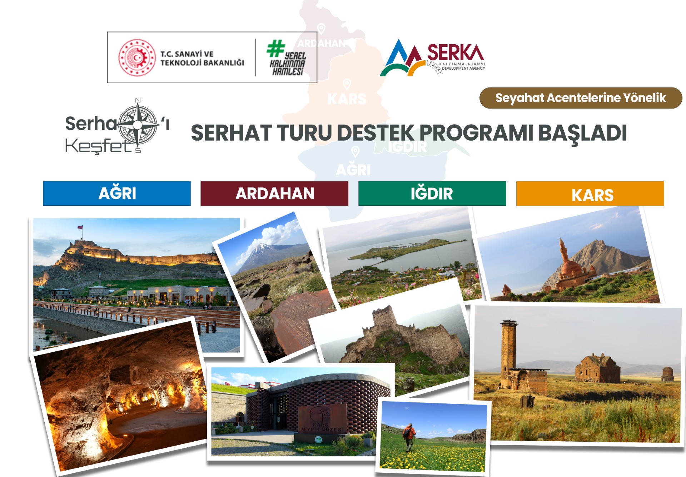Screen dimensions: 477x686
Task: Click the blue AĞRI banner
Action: pyautogui.click(x=117, y=193)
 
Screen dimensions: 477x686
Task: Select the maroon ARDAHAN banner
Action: pyautogui.click(x=274, y=193)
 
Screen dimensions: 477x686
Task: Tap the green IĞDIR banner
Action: pyautogui.click(x=432, y=193)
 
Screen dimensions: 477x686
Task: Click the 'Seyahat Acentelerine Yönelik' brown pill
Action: pyautogui.click(x=581, y=98)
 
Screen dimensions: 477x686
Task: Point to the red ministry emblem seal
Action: pyautogui.click(x=137, y=57)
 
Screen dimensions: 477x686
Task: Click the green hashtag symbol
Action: pyautogui.click(x=275, y=49)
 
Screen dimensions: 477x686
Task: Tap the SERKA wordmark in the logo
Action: pyautogui.click(x=455, y=52)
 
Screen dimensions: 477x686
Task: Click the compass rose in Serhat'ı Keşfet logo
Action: pyautogui.click(x=138, y=125)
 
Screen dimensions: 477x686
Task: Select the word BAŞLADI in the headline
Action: pyautogui.click(x=582, y=133)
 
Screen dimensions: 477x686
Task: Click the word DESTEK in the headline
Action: pyautogui.click(x=375, y=133)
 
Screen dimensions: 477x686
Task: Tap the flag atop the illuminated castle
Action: pyautogui.click(x=80, y=227)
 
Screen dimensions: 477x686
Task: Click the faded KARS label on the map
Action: pyautogui.click(x=347, y=99)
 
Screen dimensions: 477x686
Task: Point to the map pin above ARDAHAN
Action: pyautogui.click(x=322, y=29)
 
